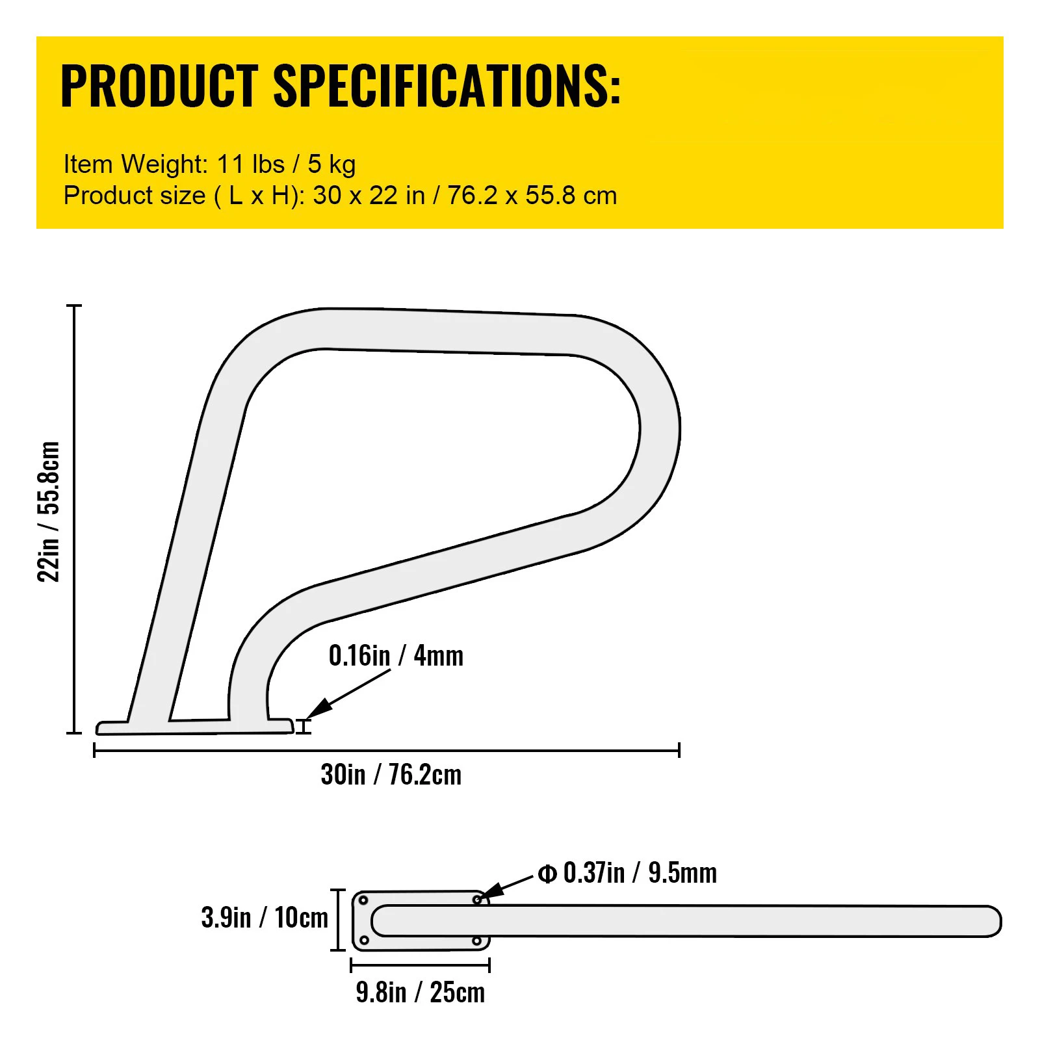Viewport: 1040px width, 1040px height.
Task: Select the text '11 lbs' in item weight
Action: [x=250, y=164]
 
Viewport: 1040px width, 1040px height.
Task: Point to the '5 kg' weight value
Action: [x=331, y=165]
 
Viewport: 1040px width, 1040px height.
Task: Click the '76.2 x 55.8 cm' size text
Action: [x=532, y=196]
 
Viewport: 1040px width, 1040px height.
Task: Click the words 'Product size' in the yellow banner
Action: [x=135, y=196]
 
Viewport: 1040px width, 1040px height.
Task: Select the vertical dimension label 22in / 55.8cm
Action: [x=49, y=512]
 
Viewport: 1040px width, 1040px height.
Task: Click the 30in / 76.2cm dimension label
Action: [x=391, y=775]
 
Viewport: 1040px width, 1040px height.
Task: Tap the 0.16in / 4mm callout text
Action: [x=396, y=656]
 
